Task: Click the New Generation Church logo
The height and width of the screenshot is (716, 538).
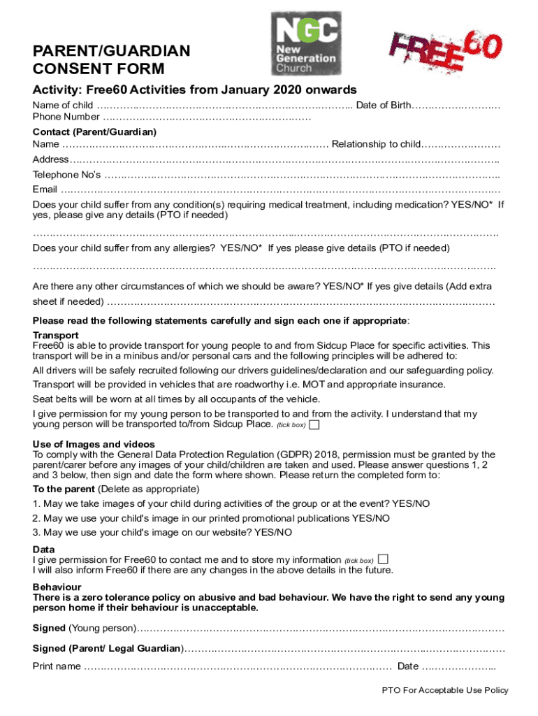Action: coord(306,43)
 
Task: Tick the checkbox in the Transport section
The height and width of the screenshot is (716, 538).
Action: coord(314,424)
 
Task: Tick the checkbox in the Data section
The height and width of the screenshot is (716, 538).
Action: coord(382,559)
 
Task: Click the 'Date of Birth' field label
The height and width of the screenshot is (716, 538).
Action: coord(384,106)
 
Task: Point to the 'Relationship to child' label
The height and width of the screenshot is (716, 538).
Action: coord(376,144)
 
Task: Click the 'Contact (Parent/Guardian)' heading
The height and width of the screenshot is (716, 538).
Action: coord(94,131)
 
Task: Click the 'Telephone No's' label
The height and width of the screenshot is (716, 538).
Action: coord(66,174)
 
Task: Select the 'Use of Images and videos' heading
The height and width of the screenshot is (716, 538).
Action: coord(94,444)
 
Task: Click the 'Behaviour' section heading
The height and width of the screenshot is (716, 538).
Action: coord(57,587)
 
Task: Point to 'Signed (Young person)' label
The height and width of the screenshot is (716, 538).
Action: coord(85,626)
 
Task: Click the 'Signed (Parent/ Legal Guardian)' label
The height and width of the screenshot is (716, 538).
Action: coord(108,649)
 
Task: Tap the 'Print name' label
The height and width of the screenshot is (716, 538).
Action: coord(57,666)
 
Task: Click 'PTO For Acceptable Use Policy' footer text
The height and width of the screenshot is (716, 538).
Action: coord(445,690)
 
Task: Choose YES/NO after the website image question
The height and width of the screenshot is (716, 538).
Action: coord(273,532)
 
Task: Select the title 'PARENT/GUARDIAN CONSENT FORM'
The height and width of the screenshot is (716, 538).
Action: coord(111,59)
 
